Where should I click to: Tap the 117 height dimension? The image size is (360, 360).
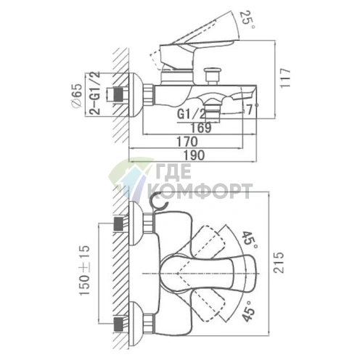coord(285,78)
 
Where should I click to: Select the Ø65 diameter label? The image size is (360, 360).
coord(78,96)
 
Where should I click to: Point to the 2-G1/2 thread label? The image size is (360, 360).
coord(94,93)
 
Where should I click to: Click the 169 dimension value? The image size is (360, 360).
coord(201,128)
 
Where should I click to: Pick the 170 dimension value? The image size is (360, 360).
coord(187,142)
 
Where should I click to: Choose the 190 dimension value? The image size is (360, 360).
coord(195,155)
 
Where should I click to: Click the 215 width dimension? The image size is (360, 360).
coord(279,263)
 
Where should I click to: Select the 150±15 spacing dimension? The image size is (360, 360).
coord(85,270)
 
